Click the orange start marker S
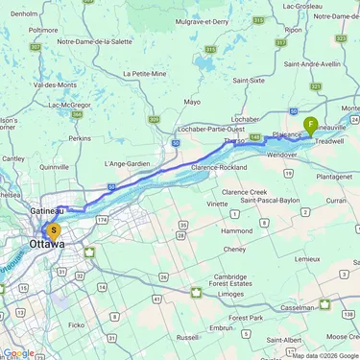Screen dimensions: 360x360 [54, 230]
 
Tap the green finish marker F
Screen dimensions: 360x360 [311, 124]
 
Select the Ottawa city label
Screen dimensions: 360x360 [48, 245]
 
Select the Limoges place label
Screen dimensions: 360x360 [231, 294]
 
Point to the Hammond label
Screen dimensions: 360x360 [235, 230]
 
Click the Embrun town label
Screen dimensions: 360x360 [221, 327]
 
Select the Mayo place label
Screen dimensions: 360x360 [192, 101]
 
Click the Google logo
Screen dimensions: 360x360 [18, 352]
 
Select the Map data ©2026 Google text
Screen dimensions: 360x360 [325, 355]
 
